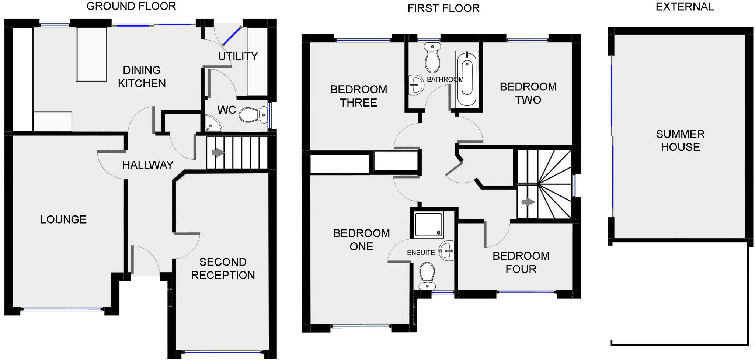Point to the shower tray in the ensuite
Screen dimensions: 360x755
click(x=428, y=224)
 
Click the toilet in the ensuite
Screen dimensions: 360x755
click(x=428, y=276)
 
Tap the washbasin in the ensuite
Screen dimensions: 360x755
click(x=447, y=251)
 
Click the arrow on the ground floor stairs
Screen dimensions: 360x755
click(x=218, y=152)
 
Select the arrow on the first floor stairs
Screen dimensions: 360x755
click(x=528, y=202)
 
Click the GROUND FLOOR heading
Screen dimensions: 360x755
click(x=131, y=6)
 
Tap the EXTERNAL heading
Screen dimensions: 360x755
click(x=685, y=7)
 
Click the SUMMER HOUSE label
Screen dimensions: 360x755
click(x=680, y=141)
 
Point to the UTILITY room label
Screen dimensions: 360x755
click(x=238, y=56)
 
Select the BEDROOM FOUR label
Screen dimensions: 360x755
click(x=521, y=262)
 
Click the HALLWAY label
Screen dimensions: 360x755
click(x=148, y=165)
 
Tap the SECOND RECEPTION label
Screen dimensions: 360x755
click(x=223, y=269)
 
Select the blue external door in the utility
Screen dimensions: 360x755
click(x=232, y=36)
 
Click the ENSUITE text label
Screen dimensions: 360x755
click(x=421, y=253)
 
